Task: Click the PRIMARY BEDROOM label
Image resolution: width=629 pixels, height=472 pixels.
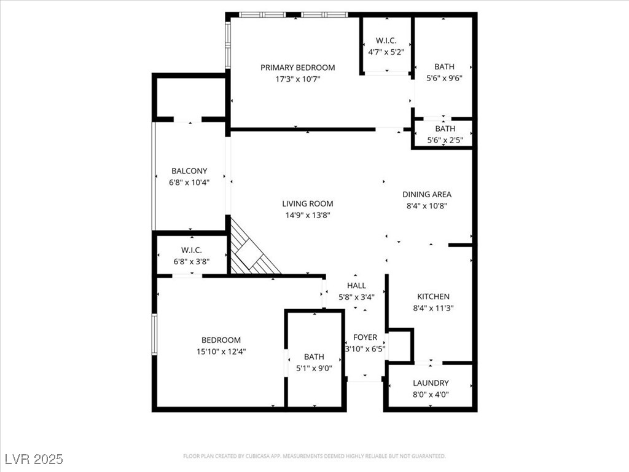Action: click(297, 68)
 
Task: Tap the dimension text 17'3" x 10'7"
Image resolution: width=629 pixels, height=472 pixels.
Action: click(297, 79)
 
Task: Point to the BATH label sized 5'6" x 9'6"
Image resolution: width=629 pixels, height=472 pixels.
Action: click(444, 66)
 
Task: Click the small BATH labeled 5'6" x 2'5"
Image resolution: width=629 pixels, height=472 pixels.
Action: click(445, 128)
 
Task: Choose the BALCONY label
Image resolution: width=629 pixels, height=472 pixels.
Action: click(189, 171)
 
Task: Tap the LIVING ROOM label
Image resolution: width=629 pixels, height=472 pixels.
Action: click(308, 203)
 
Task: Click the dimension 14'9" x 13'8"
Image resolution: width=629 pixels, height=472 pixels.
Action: click(308, 215)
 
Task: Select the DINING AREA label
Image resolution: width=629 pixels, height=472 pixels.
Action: click(427, 194)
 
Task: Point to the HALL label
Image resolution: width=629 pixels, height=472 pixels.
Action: click(356, 286)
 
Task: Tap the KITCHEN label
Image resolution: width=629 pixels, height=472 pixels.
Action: click(434, 296)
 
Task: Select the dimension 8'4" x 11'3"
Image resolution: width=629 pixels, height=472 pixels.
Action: click(434, 308)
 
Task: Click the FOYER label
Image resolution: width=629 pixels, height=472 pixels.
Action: click(365, 337)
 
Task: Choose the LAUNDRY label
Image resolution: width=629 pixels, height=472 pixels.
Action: click(431, 383)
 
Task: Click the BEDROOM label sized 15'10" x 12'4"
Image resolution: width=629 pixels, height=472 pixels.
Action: click(221, 340)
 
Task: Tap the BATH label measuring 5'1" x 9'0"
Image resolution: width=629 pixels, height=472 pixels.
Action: click(314, 356)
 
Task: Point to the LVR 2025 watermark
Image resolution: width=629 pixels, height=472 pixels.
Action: click(34, 459)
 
